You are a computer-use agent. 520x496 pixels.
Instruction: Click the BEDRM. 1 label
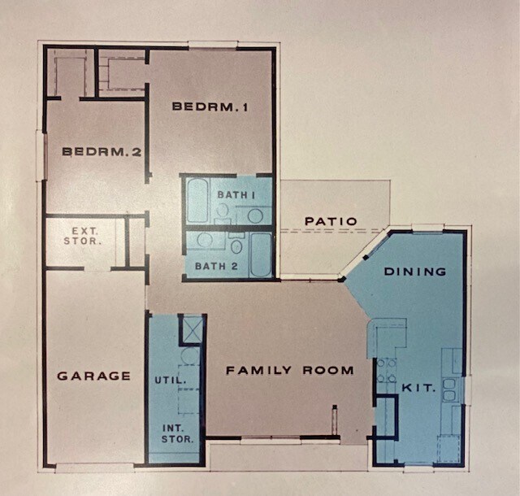(x=210, y=106)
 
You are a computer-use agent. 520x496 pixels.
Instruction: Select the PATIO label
(x=331, y=220)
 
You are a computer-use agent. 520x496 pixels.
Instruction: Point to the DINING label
(x=414, y=271)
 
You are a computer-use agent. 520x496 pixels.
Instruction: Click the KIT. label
(x=418, y=389)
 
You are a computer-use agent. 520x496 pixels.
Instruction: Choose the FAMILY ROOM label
(x=289, y=370)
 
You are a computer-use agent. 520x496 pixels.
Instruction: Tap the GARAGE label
(x=94, y=376)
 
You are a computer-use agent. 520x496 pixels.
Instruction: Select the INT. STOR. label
(x=177, y=433)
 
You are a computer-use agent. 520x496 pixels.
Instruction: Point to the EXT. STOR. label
(x=85, y=236)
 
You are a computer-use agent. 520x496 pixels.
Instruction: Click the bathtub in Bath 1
(x=197, y=202)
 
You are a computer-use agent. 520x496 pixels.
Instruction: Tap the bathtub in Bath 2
(x=261, y=255)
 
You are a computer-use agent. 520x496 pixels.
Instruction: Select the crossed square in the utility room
(x=191, y=329)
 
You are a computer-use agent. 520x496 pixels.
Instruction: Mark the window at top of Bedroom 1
(x=213, y=45)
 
